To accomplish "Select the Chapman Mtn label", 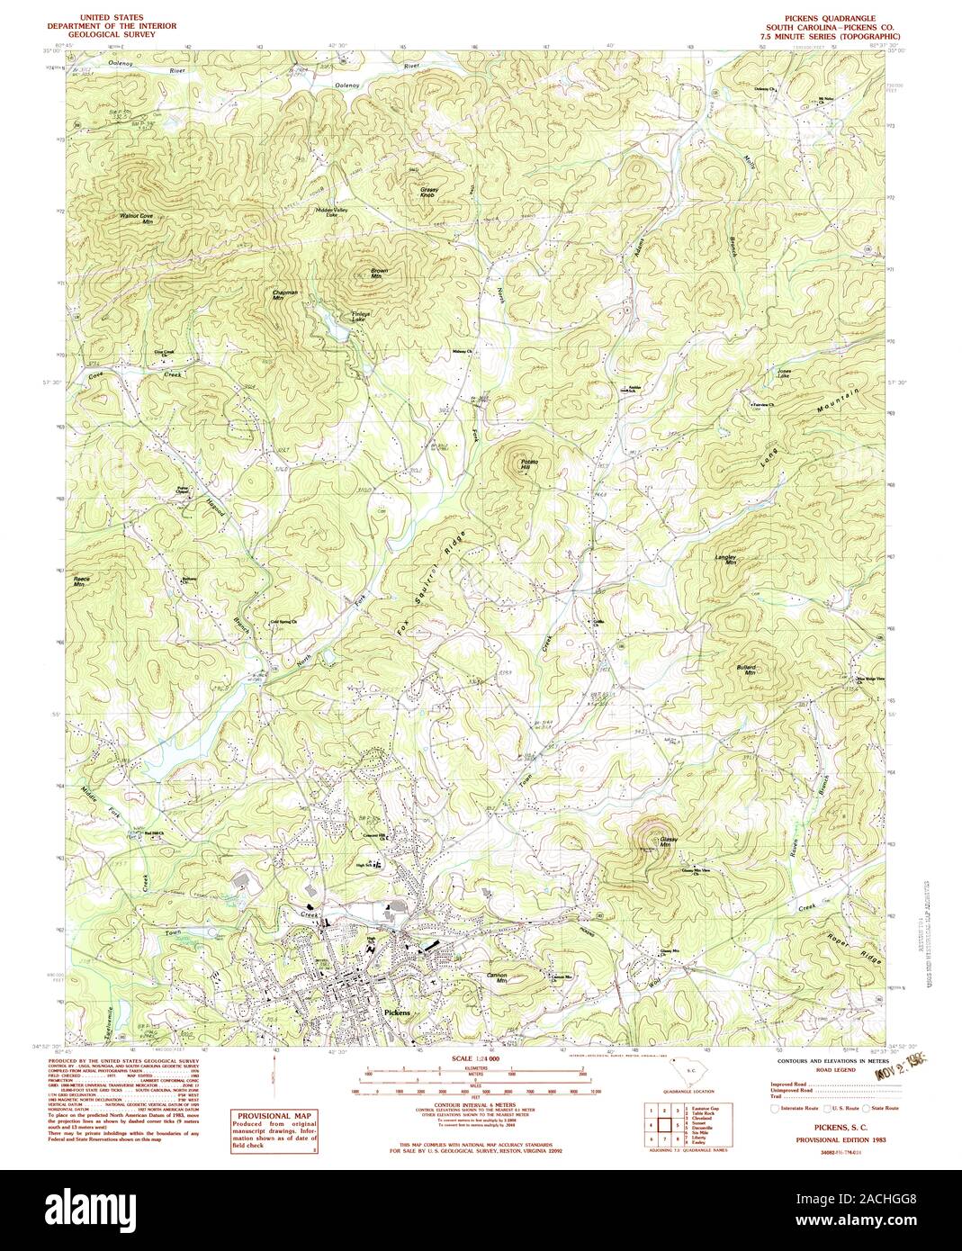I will [284, 295].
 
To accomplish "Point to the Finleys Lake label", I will [360, 316].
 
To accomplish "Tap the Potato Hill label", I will [527, 464].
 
